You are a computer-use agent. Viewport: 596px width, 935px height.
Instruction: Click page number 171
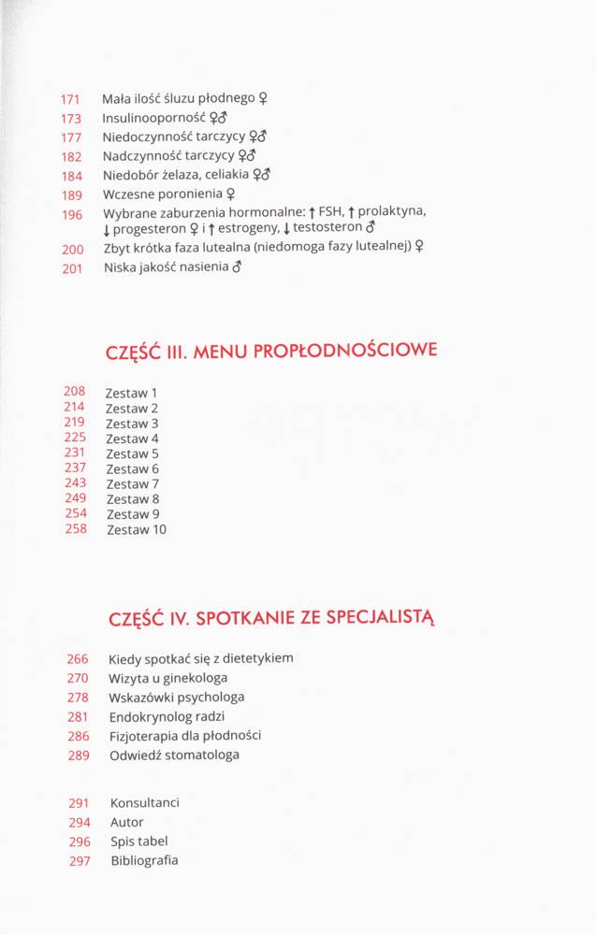point(71,99)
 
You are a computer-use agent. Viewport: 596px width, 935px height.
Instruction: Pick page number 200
point(73,250)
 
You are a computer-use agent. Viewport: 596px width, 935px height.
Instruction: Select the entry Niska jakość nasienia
point(166,267)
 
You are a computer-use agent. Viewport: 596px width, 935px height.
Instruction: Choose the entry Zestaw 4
point(132,439)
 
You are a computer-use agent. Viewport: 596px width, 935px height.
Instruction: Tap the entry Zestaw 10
point(136,529)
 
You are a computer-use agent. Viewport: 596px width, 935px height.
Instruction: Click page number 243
point(75,483)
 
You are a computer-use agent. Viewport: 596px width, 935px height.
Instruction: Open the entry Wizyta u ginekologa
point(167,678)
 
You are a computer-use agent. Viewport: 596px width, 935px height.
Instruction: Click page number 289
point(79,755)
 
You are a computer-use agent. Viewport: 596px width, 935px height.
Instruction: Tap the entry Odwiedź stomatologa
point(173,755)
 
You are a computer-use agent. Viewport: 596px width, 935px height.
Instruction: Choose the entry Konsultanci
point(144,803)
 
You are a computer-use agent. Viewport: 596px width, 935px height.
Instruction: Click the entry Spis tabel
point(138,841)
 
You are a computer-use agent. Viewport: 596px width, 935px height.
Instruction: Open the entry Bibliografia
point(143,860)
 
